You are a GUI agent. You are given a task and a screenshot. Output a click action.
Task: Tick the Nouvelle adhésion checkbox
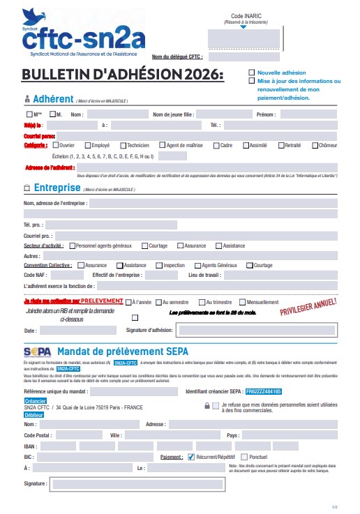[x=252, y=73]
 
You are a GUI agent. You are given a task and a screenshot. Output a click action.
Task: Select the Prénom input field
[x=307, y=114]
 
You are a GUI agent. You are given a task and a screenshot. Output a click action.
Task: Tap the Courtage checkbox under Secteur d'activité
[x=145, y=246]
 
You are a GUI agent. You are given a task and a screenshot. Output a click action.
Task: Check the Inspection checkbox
[x=159, y=266]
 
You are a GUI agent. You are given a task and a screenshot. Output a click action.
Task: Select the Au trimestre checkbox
[x=202, y=302]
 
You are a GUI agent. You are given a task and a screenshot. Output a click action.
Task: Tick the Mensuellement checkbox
[x=243, y=302]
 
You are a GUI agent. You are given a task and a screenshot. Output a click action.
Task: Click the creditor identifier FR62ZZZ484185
[x=264, y=392]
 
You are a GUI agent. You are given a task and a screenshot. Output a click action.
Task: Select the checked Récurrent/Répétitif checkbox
[x=192, y=457]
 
